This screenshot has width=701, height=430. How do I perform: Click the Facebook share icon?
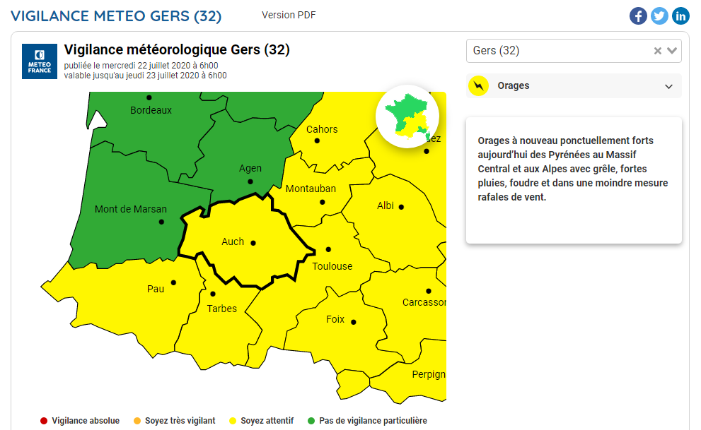tap(638, 16)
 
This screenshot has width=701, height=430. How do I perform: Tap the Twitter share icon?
tap(659, 16)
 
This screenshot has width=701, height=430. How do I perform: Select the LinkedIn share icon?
tap(680, 16)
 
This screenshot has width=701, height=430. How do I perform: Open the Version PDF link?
tap(288, 15)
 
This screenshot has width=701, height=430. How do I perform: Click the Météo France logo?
tap(40, 61)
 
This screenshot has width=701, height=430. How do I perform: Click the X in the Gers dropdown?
tap(658, 51)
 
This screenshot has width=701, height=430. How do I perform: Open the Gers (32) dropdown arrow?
tap(672, 51)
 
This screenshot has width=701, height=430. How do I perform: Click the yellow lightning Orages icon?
tap(480, 86)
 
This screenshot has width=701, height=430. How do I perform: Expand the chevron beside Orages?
tap(668, 86)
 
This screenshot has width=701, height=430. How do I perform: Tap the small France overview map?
tap(407, 117)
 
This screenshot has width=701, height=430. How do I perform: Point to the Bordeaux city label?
tap(151, 110)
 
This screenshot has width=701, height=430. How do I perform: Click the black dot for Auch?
tap(253, 243)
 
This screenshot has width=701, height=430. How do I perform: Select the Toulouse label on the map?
tap(332, 266)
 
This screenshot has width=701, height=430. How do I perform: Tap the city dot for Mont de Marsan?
tap(161, 222)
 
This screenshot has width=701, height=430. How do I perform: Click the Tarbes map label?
tap(222, 309)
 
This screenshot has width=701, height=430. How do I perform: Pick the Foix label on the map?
tap(335, 319)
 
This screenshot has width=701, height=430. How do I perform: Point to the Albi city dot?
tap(401, 207)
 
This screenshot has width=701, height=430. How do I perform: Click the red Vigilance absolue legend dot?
tap(44, 421)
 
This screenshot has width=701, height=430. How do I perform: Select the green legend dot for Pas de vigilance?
tap(311, 421)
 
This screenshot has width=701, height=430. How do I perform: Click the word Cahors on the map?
tap(322, 129)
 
